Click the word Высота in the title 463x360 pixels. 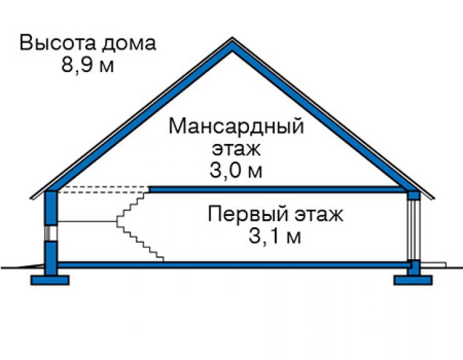pyautogui.click(x=58, y=43)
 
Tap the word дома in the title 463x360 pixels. pyautogui.click(x=129, y=43)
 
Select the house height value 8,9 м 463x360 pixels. pyautogui.click(x=88, y=64)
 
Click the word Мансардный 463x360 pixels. pyautogui.click(x=237, y=126)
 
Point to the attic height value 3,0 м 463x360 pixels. pyautogui.click(x=236, y=170)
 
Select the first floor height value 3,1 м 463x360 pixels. pyautogui.click(x=275, y=236)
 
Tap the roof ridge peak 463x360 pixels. pyautogui.click(x=232, y=38)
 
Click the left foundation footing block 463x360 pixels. pyautogui.click(x=50, y=280)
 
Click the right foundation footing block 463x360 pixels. pyautogui.click(x=413, y=280)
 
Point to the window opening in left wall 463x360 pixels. pyautogui.click(x=51, y=234)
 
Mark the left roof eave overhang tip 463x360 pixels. pyautogui.click(x=31, y=198)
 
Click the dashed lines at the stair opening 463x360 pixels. pyautogui.click(x=103, y=190)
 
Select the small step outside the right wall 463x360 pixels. pyautogui.click(x=433, y=264)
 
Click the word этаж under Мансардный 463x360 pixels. pyautogui.click(x=237, y=149)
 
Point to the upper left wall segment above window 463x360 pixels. pyautogui.click(x=51, y=208)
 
